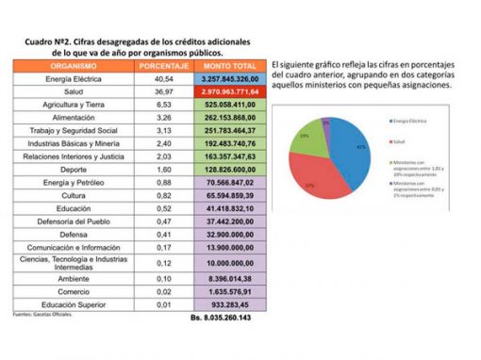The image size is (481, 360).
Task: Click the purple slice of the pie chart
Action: coord(325,123)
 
